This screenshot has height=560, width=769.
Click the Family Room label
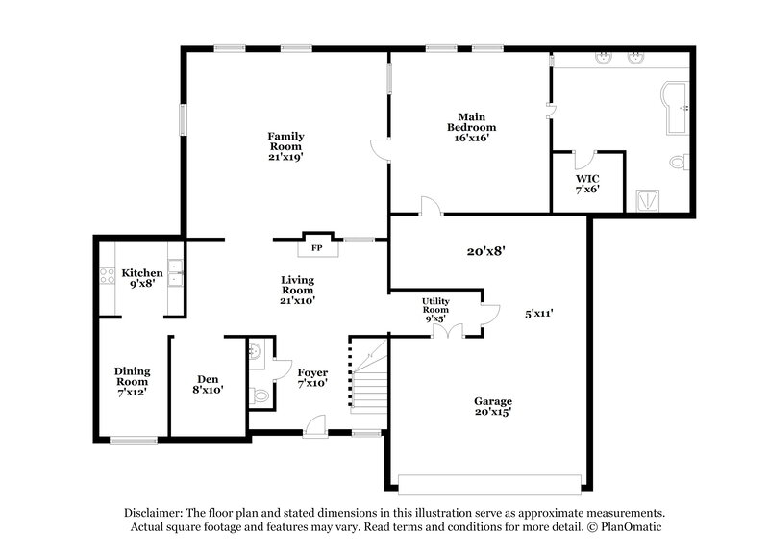[x=285, y=146]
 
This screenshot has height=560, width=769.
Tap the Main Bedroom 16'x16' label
[x=472, y=128]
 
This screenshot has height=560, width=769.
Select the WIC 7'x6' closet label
[x=586, y=184]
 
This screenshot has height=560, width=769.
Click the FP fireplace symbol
[x=316, y=247]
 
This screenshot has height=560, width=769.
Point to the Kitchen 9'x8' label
[x=142, y=278]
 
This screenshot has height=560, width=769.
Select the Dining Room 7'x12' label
[x=132, y=381]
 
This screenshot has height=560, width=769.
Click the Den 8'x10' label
[x=207, y=384]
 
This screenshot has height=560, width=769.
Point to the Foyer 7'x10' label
[x=312, y=377]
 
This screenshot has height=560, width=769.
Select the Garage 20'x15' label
[x=492, y=406]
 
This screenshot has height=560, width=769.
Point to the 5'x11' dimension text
[x=540, y=313]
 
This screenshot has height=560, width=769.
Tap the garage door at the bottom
[x=490, y=483]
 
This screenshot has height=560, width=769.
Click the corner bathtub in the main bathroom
[x=674, y=105]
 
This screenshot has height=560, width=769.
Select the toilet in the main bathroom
[x=678, y=163]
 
